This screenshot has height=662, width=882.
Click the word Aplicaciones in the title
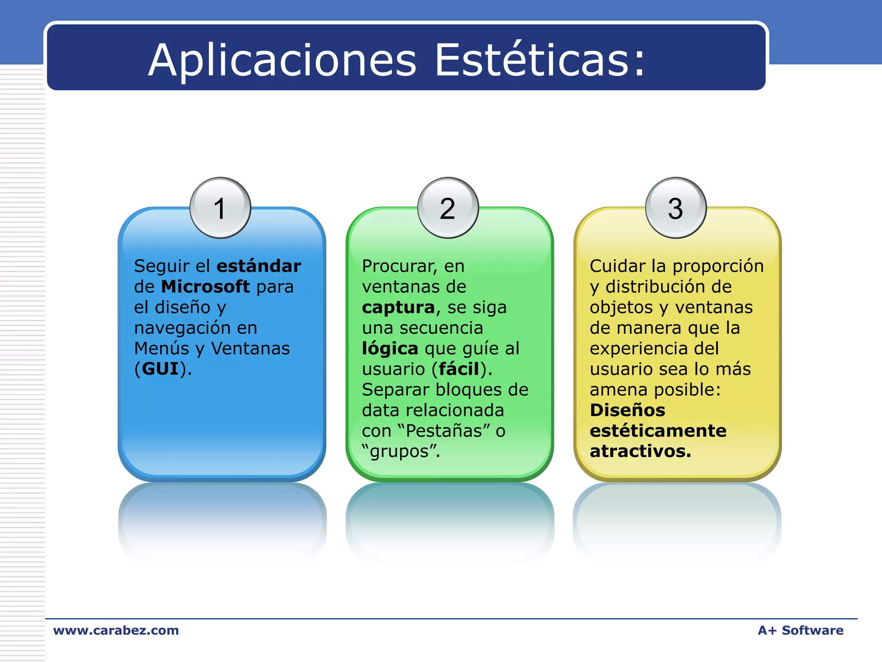pos(282,60)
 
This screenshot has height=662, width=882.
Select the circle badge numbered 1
pos(220,208)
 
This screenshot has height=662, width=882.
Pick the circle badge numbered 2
pos(448,208)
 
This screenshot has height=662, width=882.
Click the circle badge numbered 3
pos(676,208)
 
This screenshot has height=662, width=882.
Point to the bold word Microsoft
pos(205,287)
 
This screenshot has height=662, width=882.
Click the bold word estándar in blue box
pos(259,266)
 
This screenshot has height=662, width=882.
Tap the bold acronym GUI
pos(160,369)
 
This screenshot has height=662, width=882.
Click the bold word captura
pos(398,307)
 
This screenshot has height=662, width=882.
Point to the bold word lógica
pos(390,349)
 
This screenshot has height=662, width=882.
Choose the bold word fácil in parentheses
pos(459,369)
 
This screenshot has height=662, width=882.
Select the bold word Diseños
pos(627,410)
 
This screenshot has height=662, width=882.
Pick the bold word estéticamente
pos(658,431)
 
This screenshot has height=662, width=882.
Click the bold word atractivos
pos(640,451)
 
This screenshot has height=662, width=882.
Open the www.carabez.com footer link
pos(116,631)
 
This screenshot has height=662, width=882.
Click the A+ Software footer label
pos(801,631)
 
